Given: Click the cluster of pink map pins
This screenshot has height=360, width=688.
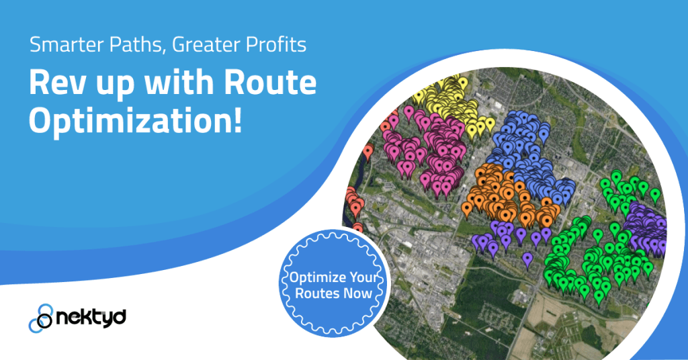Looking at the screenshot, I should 430,151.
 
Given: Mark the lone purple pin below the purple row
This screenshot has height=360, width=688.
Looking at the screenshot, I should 527,259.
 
